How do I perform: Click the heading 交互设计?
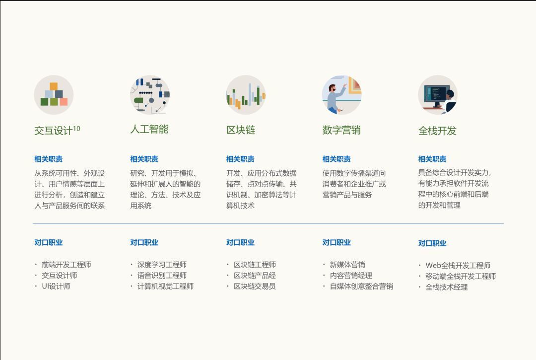tap(53, 131)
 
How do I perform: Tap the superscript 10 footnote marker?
tap(76, 129)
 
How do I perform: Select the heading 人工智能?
tap(149, 130)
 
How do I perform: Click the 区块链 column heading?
tap(241, 130)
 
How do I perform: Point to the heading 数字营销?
tap(341, 130)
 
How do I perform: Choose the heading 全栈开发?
tap(437, 131)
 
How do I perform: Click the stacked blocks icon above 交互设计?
tap(54, 95)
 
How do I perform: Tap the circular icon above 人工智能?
tap(150, 95)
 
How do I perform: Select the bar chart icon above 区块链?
tap(246, 95)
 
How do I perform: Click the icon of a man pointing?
tap(342, 95)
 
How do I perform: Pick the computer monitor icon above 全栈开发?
tap(438, 95)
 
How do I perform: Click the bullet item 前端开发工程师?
tap(67, 265)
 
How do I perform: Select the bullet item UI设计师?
tap(56, 286)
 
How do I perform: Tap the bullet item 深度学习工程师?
tap(162, 265)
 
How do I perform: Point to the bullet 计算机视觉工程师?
tap(166, 286)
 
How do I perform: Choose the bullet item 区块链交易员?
tap(255, 286)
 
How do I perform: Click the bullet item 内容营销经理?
tap(351, 276)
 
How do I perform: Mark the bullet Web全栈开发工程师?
tap(458, 265)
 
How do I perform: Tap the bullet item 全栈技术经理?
tap(447, 287)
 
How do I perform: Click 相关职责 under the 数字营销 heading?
tap(336, 159)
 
